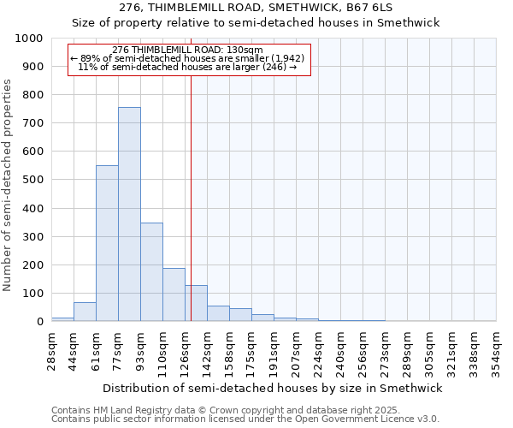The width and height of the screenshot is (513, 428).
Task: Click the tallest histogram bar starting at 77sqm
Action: point(129,214)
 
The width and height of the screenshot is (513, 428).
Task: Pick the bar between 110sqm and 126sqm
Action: point(174,294)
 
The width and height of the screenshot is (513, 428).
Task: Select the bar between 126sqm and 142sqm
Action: point(197,303)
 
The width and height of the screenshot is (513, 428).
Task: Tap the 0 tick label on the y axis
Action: point(38,321)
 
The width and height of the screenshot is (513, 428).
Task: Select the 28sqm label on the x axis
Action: point(51,351)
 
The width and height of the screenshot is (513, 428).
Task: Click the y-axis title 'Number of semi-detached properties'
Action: point(8,185)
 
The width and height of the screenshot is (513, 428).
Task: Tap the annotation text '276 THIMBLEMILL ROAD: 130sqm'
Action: point(187,50)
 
